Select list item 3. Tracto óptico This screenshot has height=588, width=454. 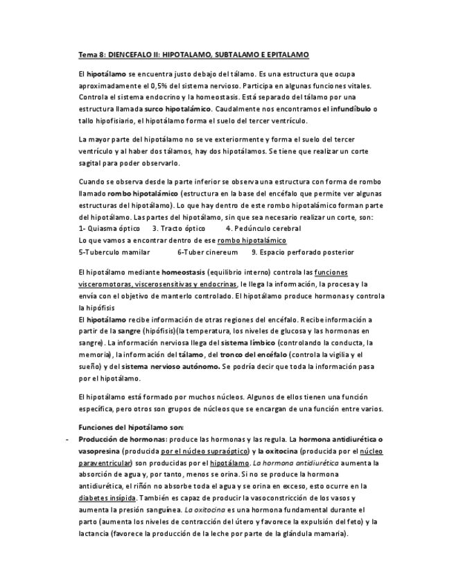(179, 228)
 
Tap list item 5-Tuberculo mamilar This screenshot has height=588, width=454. (114, 252)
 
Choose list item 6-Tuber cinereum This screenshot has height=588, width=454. (207, 252)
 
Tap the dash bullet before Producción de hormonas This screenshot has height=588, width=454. (64, 440)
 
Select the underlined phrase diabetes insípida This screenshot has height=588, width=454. (107, 498)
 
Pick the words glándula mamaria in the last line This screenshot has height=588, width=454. (313, 534)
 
